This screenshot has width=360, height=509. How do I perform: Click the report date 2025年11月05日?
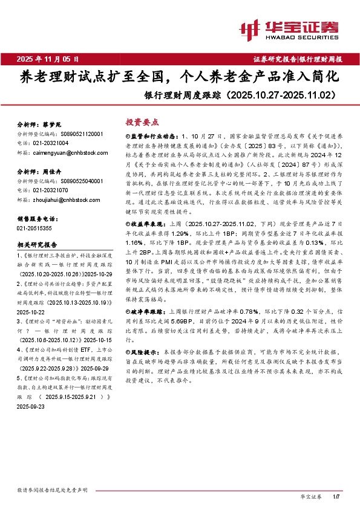click(48, 59)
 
